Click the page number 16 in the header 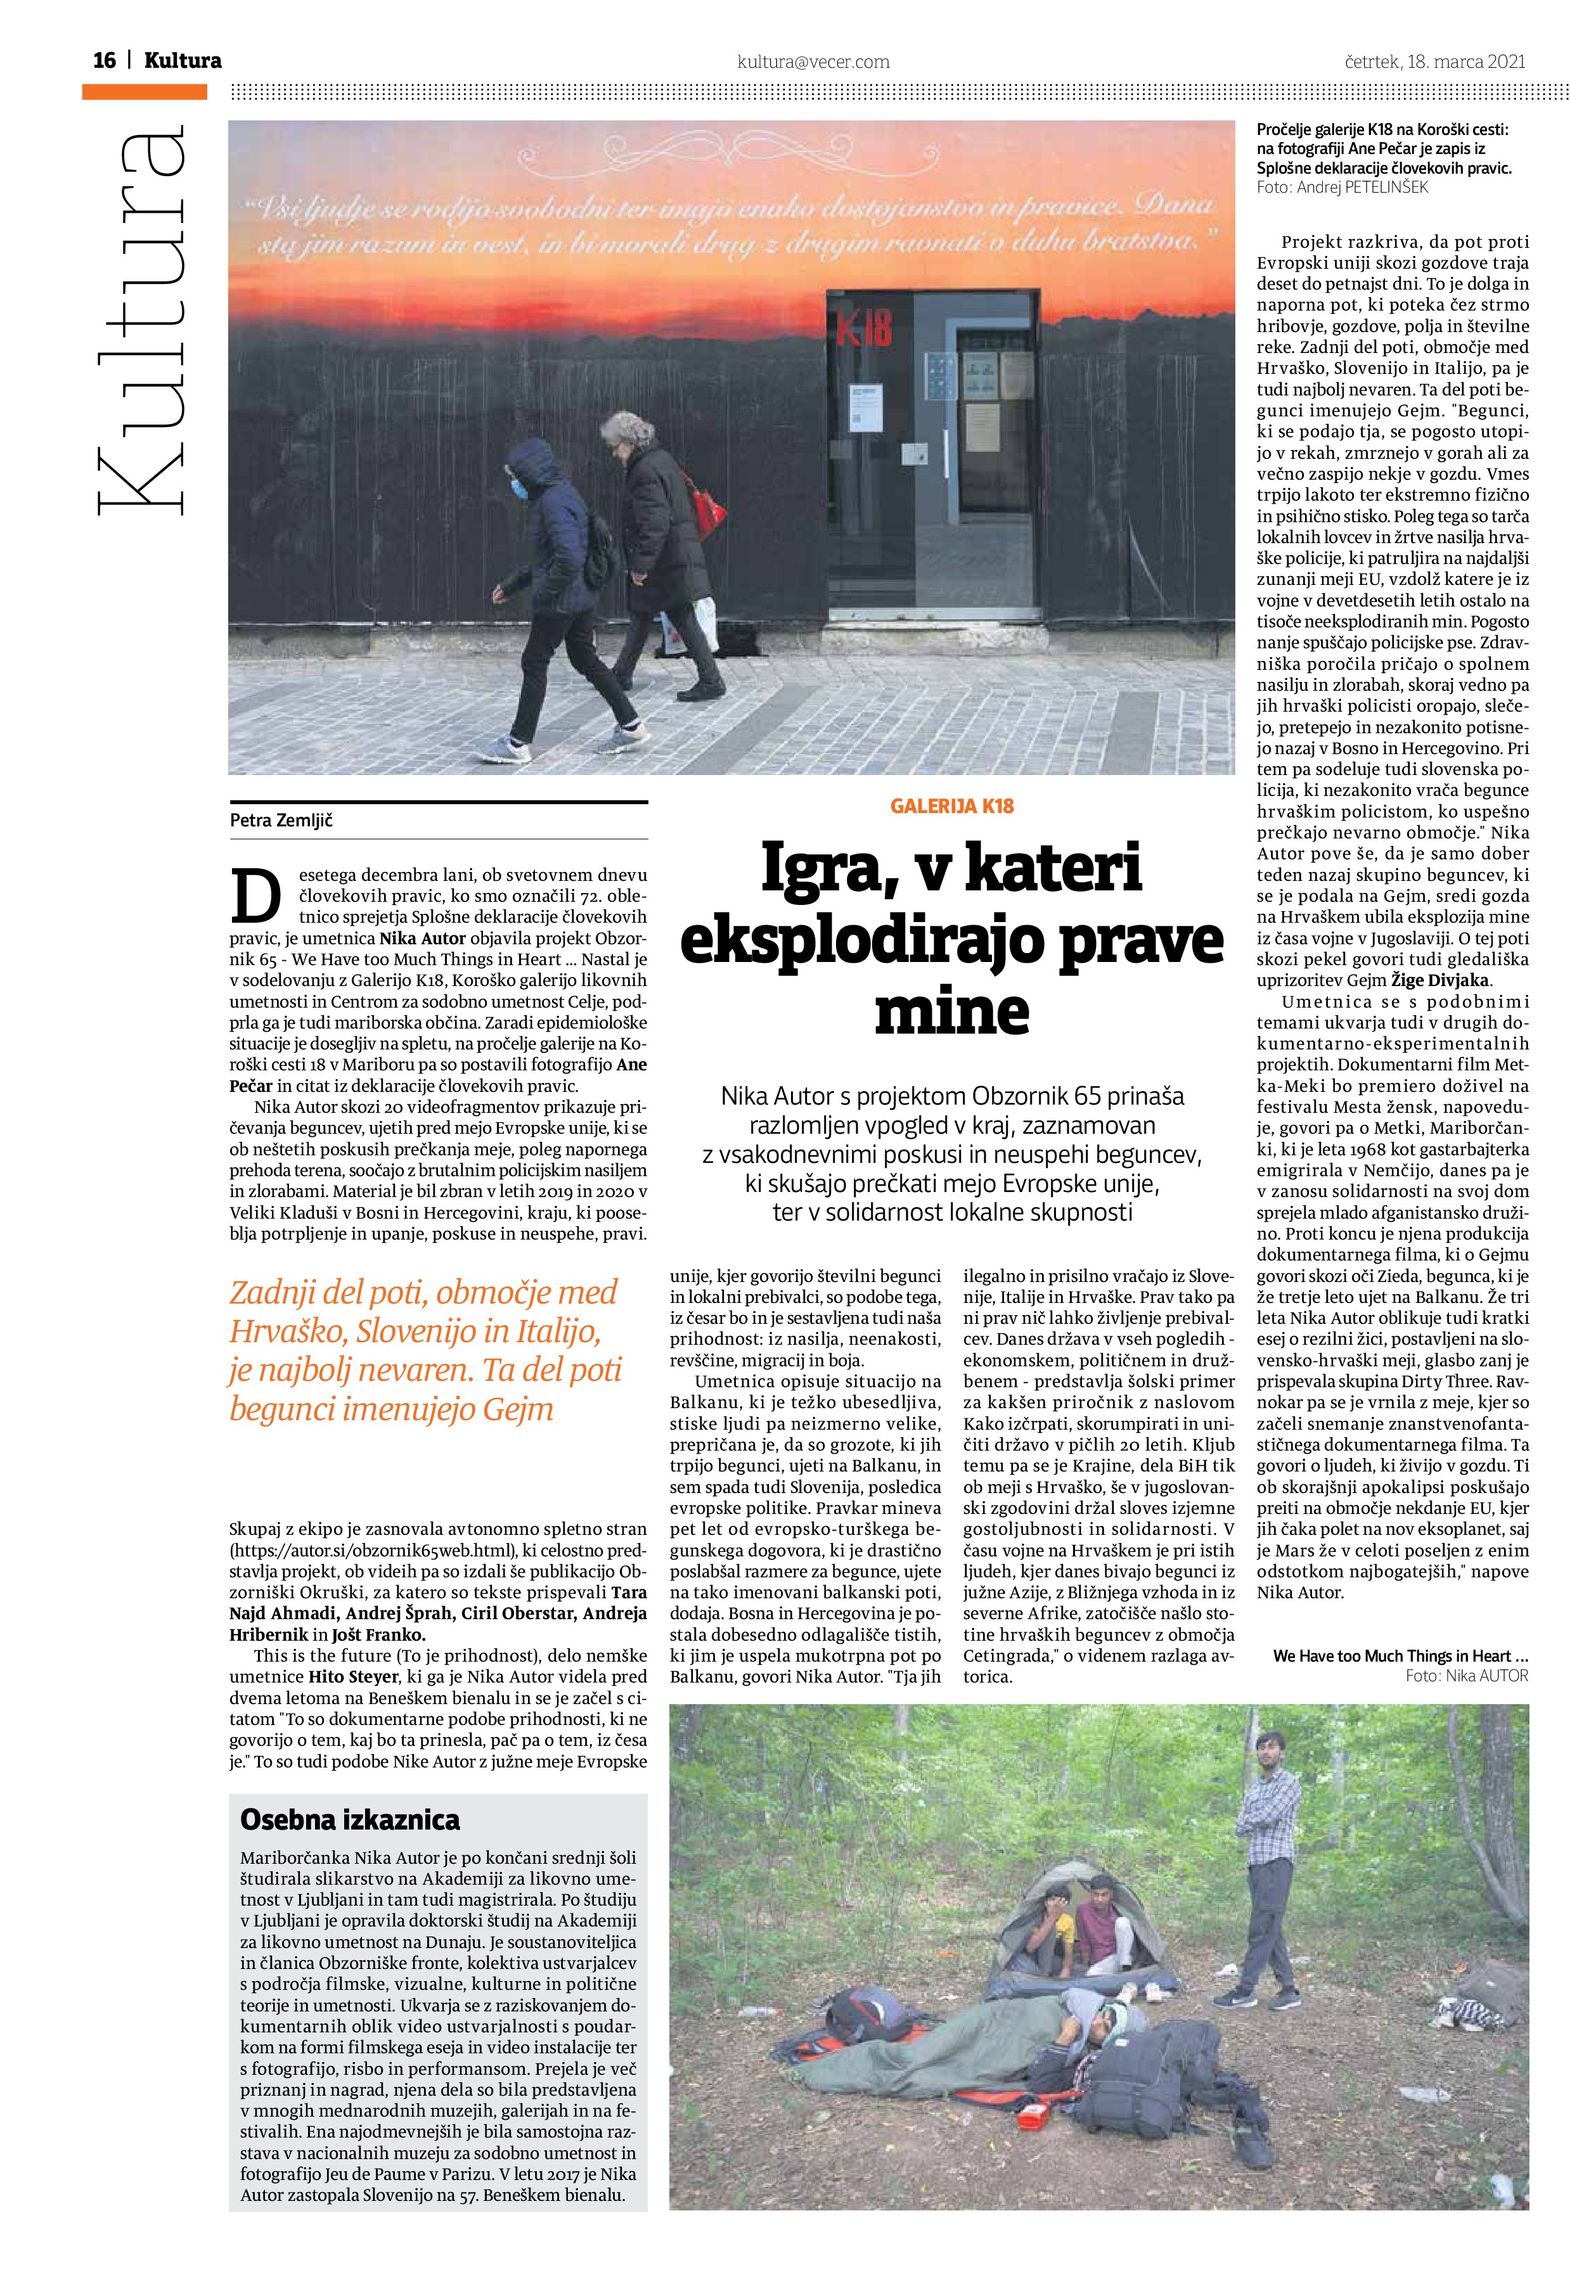pyautogui.click(x=105, y=61)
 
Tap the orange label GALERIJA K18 pyautogui.click(x=951, y=807)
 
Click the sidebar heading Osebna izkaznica pyautogui.click(x=350, y=1819)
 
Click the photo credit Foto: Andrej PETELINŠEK pyautogui.click(x=1341, y=187)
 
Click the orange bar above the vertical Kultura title pyautogui.click(x=145, y=92)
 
